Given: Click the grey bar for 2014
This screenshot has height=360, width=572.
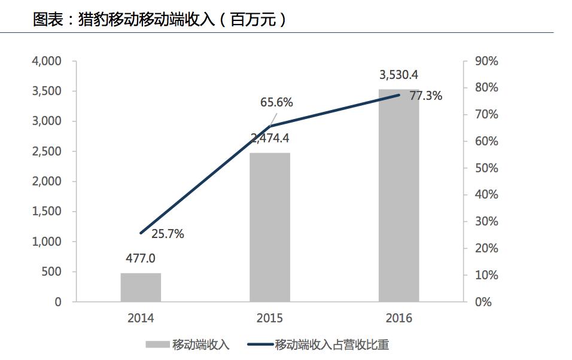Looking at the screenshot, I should click(141, 288).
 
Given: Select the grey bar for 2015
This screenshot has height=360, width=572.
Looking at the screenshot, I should click(270, 227).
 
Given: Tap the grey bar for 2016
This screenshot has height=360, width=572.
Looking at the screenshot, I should click(399, 196).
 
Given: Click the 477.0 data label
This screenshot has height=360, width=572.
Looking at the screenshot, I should click(141, 259).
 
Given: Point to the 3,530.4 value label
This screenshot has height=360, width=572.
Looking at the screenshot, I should click(399, 75).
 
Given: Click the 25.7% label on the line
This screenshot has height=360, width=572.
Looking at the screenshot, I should click(168, 234).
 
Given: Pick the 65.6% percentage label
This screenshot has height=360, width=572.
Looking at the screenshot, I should click(276, 102).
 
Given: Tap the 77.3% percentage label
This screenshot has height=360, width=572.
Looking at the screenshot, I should click(426, 96).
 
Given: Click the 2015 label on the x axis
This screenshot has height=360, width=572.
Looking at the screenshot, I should click(270, 318).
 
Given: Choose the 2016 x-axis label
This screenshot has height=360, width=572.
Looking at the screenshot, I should click(399, 318).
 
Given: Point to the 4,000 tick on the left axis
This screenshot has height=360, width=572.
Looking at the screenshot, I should click(46, 61).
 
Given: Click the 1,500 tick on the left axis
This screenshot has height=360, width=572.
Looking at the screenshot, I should click(46, 212).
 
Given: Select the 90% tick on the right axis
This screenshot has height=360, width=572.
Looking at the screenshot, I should click(486, 61).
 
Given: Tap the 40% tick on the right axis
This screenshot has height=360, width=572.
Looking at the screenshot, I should click(486, 195).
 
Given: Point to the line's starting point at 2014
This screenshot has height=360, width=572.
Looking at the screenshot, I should click(141, 233).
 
